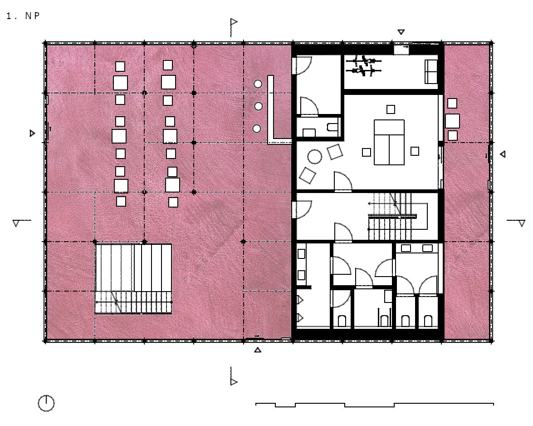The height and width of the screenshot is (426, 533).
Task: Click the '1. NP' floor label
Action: point(23,16)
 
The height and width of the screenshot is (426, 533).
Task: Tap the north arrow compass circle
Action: point(46,403)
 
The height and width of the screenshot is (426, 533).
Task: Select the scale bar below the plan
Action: point(374,405)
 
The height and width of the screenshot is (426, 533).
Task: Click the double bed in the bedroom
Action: point(389,142)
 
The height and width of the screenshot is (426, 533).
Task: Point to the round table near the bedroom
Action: point(315,157)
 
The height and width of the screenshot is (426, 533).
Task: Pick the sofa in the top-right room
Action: point(431,71)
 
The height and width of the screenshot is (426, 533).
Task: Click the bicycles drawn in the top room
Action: point(363,66)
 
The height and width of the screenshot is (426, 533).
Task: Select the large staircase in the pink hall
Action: point(133,279)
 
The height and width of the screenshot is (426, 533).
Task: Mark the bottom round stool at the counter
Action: point(257,129)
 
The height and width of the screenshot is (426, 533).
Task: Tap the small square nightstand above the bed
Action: point(391,109)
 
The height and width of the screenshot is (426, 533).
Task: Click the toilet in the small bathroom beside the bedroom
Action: point(332,127)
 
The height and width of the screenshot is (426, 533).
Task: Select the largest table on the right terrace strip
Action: point(452,121)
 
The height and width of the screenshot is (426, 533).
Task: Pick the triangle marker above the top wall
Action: point(401,32)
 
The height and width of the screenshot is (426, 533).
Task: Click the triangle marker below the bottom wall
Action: point(258,349)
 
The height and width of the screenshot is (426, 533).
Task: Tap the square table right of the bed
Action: point(415,151)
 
